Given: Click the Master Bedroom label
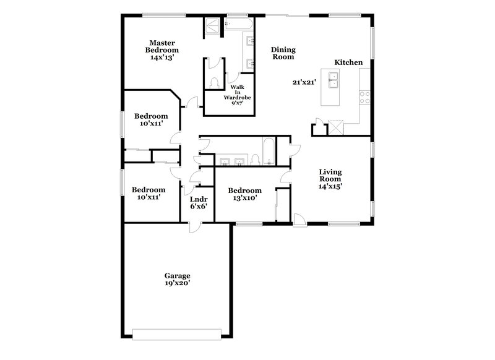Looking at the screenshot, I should click(x=162, y=46).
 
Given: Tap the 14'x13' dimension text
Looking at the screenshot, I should click(x=162, y=57).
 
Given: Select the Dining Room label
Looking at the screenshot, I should click(x=283, y=53).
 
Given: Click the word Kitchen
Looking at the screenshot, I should click(x=348, y=62).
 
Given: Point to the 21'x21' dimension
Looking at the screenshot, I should click(x=306, y=82).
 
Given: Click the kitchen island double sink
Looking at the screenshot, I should click(x=334, y=81).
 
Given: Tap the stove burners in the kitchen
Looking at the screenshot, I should click(x=365, y=96).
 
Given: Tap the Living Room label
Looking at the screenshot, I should click(x=330, y=175).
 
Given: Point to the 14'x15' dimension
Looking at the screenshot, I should click(x=330, y=186).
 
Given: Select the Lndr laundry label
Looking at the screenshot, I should click(x=198, y=199).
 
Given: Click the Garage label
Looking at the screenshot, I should click(x=177, y=275).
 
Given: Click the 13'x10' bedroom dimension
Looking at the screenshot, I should click(x=244, y=199).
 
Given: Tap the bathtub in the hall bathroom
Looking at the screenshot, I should click(x=269, y=152).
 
